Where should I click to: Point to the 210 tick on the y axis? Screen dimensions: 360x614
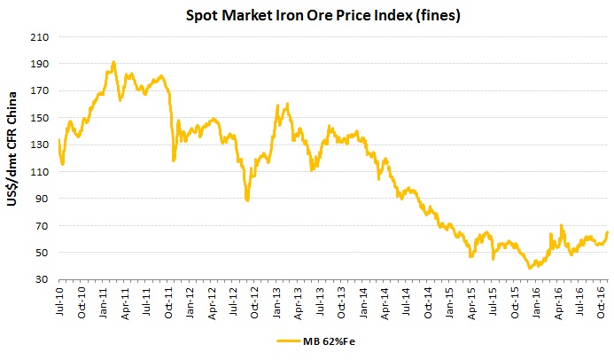click(39, 37)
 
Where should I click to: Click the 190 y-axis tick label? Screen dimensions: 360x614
click(39, 64)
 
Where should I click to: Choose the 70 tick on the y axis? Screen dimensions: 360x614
click(42, 226)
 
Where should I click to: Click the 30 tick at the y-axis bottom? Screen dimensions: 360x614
click(42, 280)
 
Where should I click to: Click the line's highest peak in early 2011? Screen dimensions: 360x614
click(113, 62)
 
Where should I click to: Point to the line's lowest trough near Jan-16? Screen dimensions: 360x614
click(529, 268)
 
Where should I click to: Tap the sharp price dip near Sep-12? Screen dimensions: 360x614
click(247, 200)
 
